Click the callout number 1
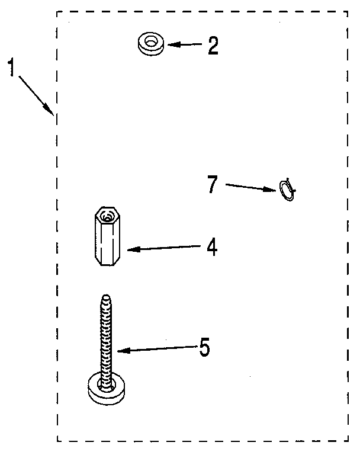point(11,67)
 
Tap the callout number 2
point(213,45)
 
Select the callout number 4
point(212,246)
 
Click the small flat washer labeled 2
point(151,44)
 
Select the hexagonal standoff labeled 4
point(107,236)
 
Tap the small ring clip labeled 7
point(287,190)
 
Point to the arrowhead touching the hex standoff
point(133,249)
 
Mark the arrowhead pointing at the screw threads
point(124,351)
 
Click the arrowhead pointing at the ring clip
point(270,190)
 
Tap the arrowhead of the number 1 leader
point(49,110)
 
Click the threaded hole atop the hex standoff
point(108,217)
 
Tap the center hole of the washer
point(150,43)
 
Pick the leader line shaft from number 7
point(245,187)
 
